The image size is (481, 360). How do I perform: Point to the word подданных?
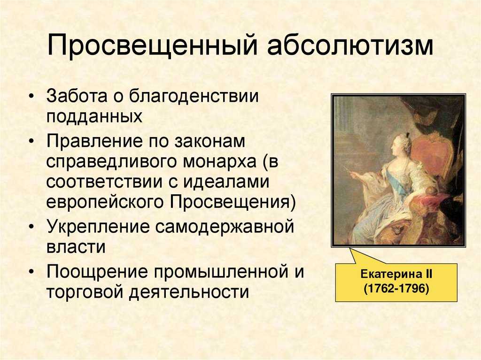point(94,116)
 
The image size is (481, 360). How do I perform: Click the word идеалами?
point(226,181)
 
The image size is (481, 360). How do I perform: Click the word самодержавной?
point(225,227)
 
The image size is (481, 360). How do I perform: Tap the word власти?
point(76,247)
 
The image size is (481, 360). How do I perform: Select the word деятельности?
point(189,291)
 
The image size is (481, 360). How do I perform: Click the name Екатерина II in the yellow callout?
point(396,274)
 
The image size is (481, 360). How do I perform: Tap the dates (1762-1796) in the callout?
point(396,289)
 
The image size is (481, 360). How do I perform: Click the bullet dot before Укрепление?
point(31,227)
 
